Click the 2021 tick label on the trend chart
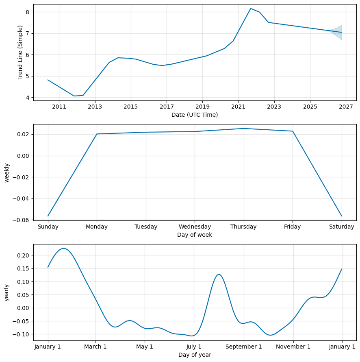pyautogui.click(x=238, y=107)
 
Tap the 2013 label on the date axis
pyautogui.click(x=95, y=107)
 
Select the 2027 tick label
pyautogui.click(x=346, y=107)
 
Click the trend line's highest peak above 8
pyautogui.click(x=250, y=9)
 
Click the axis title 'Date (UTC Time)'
pyautogui.click(x=195, y=115)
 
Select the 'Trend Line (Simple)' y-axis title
pyautogui.click(x=20, y=52)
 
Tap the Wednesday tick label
pyautogui.click(x=195, y=227)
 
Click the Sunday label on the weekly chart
pyautogui.click(x=48, y=227)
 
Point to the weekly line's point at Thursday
pyautogui.click(x=244, y=129)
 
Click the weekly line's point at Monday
pyautogui.click(x=97, y=134)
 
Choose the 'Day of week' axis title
pyautogui.click(x=195, y=235)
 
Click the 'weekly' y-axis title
pyautogui.click(x=7, y=172)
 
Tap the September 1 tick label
pyautogui.click(x=244, y=347)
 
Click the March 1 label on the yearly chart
pyautogui.click(x=95, y=347)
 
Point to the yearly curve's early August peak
pyautogui.click(x=219, y=275)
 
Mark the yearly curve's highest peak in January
pyautogui.click(x=64, y=248)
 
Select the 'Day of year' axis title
pyautogui.click(x=195, y=355)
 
